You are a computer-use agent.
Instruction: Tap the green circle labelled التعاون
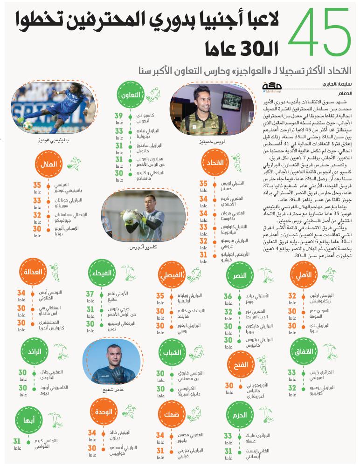click(x=131, y=94)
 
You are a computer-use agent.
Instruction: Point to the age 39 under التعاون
click(x=119, y=116)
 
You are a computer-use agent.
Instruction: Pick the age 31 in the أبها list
click(x=17, y=441)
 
